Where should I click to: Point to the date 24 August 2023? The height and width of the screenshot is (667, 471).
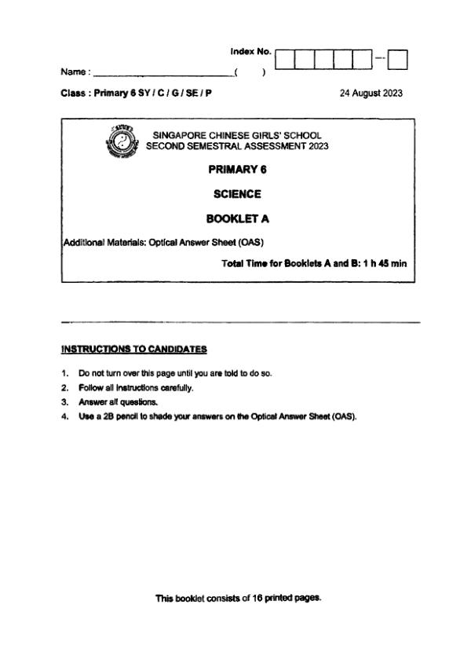coord(371,93)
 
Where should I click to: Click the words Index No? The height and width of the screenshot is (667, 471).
coord(250,51)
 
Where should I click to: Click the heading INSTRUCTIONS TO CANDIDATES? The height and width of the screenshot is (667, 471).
coord(133,348)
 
